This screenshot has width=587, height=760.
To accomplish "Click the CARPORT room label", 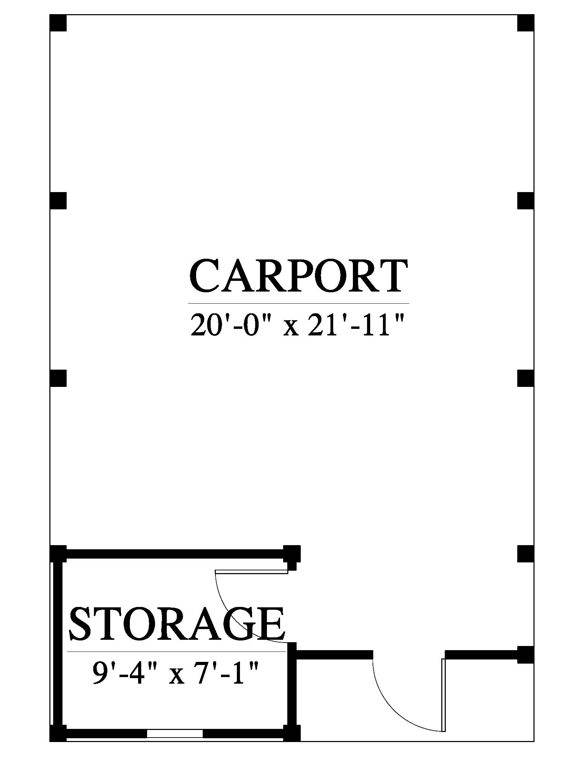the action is click(299, 276).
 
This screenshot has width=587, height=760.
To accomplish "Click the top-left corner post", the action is click(58, 23).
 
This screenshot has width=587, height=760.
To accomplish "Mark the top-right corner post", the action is click(526, 23).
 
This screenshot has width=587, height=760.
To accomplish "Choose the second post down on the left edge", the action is click(58, 200).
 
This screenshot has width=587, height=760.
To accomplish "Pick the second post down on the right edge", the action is click(526, 200).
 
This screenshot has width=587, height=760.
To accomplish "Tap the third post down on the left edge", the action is click(58, 378).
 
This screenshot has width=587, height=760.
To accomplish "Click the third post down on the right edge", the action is click(526, 378).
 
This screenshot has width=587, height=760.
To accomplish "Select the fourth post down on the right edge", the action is click(526, 554).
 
